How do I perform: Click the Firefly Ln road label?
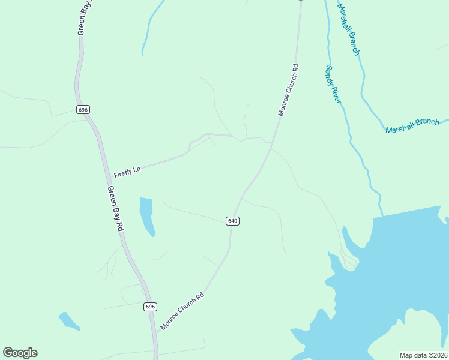tap(127, 170)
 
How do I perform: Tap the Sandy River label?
tap(333, 84)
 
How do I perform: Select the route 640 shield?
tap(233, 221)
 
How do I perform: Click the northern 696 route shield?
tap(83, 109)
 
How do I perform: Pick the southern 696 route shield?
tap(150, 307)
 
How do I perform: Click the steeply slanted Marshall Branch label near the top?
tap(348, 29)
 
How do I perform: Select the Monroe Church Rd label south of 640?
tap(182, 311)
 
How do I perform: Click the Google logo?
tap(20, 353)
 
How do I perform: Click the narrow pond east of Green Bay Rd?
tap(146, 215)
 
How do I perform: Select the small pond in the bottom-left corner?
tap(69, 321)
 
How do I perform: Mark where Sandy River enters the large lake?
tap(381, 214)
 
